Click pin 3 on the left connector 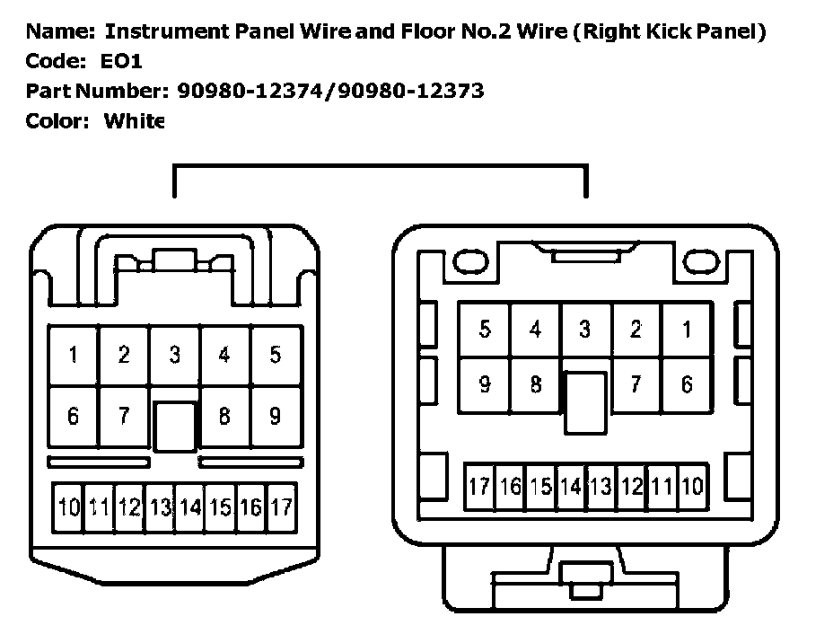click(x=174, y=355)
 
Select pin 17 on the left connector click(x=281, y=507)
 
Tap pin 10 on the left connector click(x=68, y=507)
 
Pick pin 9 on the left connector click(x=276, y=416)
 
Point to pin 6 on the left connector click(x=73, y=416)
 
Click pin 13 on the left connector click(x=160, y=507)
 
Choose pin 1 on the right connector click(x=687, y=330)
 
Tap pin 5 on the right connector click(x=485, y=330)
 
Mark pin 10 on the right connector click(x=691, y=488)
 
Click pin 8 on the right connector click(x=536, y=385)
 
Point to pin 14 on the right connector click(x=570, y=488)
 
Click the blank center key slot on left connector click(x=174, y=426)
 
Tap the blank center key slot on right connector click(x=584, y=403)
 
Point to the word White click(x=134, y=121)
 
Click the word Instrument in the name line click(x=154, y=32)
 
